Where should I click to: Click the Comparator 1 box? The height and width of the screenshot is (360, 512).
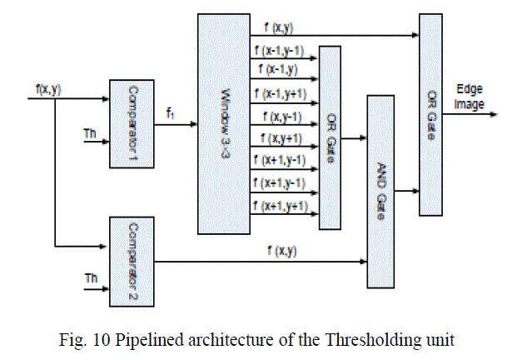[133, 122]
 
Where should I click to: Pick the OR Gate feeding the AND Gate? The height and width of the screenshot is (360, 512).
[330, 137]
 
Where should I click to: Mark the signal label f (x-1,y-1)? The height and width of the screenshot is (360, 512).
[281, 53]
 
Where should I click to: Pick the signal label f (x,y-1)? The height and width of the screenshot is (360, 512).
[277, 117]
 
